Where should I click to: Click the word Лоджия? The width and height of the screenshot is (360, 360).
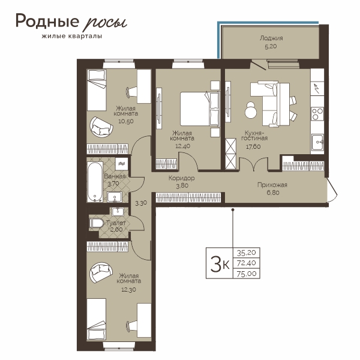point(271,38)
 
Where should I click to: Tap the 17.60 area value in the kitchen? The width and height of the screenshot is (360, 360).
point(253,146)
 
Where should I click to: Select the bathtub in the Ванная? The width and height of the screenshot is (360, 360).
point(95,182)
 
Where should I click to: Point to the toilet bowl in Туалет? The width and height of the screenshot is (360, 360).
point(97,223)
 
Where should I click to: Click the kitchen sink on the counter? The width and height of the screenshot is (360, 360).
point(317,142)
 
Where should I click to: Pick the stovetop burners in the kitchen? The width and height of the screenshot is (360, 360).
point(317,114)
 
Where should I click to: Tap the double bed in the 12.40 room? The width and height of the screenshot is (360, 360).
point(200,109)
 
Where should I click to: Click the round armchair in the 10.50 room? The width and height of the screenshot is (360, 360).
point(101,127)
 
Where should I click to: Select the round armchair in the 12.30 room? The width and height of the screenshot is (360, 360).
point(101,273)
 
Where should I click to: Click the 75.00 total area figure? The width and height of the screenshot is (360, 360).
point(247,274)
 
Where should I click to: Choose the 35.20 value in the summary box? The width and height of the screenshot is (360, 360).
point(247,253)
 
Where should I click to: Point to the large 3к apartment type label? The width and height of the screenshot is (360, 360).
point(220,263)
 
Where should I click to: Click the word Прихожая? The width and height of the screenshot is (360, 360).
point(272,185)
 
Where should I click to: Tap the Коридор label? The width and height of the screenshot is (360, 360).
point(182,178)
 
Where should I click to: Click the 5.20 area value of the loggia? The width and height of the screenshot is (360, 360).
point(271,46)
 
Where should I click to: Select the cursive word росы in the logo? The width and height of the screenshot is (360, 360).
point(104,22)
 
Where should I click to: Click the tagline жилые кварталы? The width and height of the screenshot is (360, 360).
point(72,36)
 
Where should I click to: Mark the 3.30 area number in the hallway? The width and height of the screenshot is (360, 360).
point(141,203)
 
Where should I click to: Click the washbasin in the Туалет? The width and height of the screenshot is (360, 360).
point(118,211)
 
